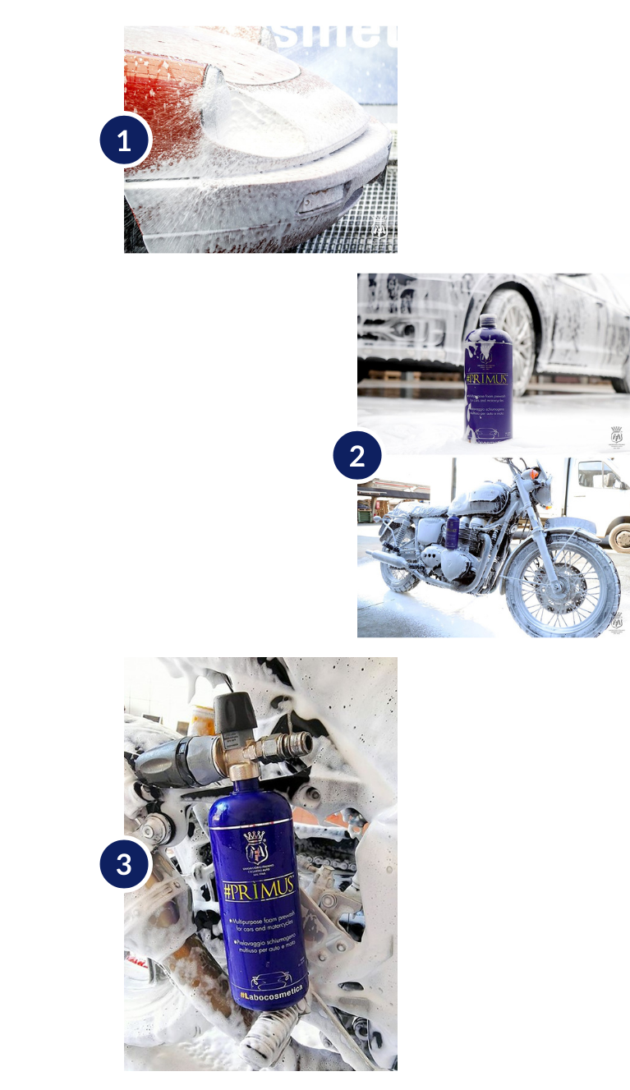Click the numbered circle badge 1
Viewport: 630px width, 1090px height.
(x=124, y=140)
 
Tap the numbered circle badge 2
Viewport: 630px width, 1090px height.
(x=357, y=454)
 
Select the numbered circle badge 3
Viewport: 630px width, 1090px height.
(x=124, y=864)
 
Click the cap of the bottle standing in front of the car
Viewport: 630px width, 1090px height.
(x=488, y=321)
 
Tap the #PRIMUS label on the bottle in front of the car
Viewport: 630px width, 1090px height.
(x=487, y=379)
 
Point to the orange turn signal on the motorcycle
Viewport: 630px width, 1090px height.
(x=535, y=476)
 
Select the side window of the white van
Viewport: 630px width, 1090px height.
(x=599, y=476)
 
